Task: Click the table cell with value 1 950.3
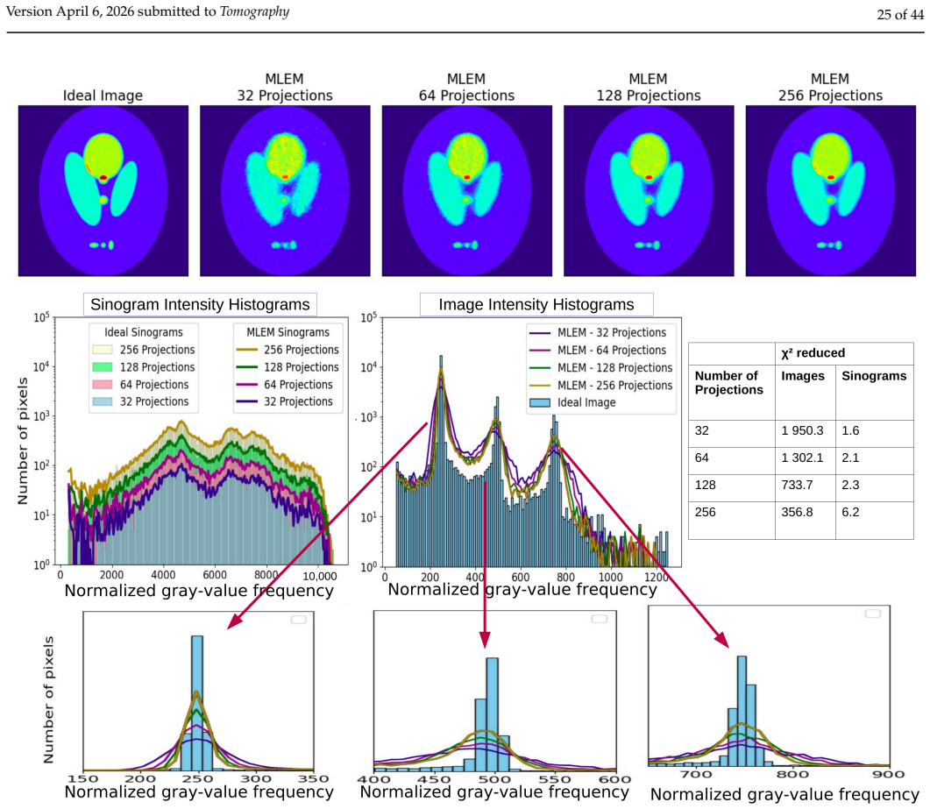(802, 430)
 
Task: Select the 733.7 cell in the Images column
(797, 486)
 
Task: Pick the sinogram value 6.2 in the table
(850, 512)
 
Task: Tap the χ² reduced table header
(813, 353)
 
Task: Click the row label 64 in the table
(701, 458)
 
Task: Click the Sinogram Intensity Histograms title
(200, 304)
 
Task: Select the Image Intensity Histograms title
(536, 304)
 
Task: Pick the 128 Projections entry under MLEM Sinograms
(288, 368)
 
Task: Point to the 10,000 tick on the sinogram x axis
(320, 575)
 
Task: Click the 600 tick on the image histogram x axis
(520, 577)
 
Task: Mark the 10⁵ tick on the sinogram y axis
(41, 317)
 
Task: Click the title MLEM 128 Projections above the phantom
(649, 87)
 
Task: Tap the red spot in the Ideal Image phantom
(103, 177)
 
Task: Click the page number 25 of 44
(900, 14)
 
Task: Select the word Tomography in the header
(254, 12)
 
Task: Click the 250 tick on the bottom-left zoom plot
(197, 778)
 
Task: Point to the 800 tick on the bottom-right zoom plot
(792, 774)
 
